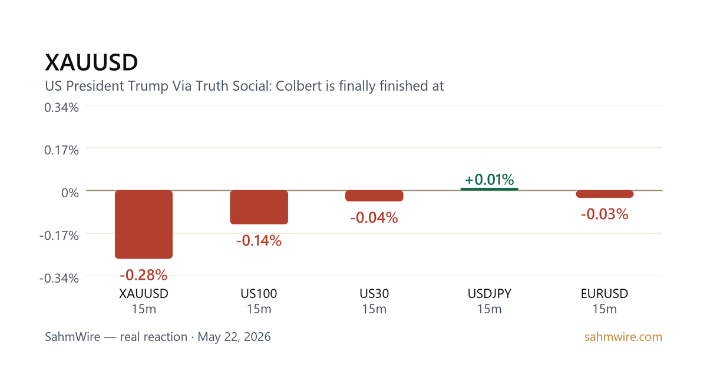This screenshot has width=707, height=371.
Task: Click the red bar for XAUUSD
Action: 144,224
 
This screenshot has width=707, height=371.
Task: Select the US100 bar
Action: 259,207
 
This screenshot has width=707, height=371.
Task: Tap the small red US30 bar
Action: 374,196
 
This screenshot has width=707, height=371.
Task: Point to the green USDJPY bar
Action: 489,189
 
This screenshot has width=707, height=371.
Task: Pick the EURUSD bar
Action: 604,194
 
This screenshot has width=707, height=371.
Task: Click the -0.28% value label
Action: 144,275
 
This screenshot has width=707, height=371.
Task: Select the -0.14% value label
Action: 259,241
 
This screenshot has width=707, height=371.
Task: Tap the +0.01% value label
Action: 489,180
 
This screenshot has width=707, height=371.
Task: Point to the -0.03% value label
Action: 604,214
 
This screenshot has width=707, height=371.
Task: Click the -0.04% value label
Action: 374,218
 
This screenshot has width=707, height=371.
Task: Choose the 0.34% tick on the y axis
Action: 61,108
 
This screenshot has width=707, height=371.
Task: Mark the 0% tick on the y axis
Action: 70,193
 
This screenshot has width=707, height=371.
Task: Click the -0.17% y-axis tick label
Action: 59,236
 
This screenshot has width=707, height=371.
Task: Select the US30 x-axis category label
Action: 374,294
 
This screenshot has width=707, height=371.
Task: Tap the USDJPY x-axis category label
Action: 489,294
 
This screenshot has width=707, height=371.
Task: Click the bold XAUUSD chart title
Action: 91,62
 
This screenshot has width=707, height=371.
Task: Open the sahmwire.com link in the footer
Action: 623,337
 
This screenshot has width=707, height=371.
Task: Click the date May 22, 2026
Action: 234,337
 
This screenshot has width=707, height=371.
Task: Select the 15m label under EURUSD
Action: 604,309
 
